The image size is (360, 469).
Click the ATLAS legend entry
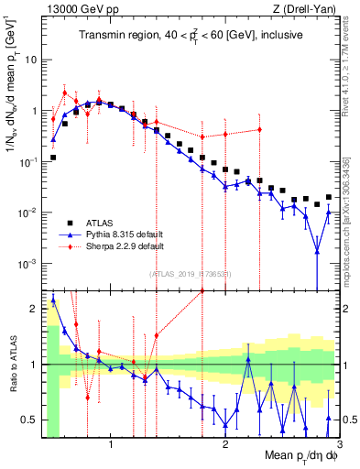coord(100,223)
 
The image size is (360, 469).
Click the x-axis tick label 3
coord(339,444)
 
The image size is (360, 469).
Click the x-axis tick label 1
coord(111,444)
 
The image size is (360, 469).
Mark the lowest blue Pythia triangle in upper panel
coord(317,251)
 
